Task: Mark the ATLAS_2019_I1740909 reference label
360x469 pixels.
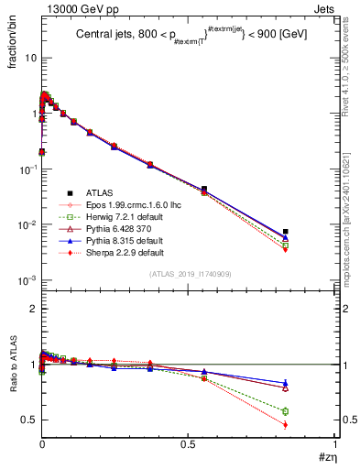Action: pos(189,274)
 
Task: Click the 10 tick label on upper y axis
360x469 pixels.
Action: pos(29,58)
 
